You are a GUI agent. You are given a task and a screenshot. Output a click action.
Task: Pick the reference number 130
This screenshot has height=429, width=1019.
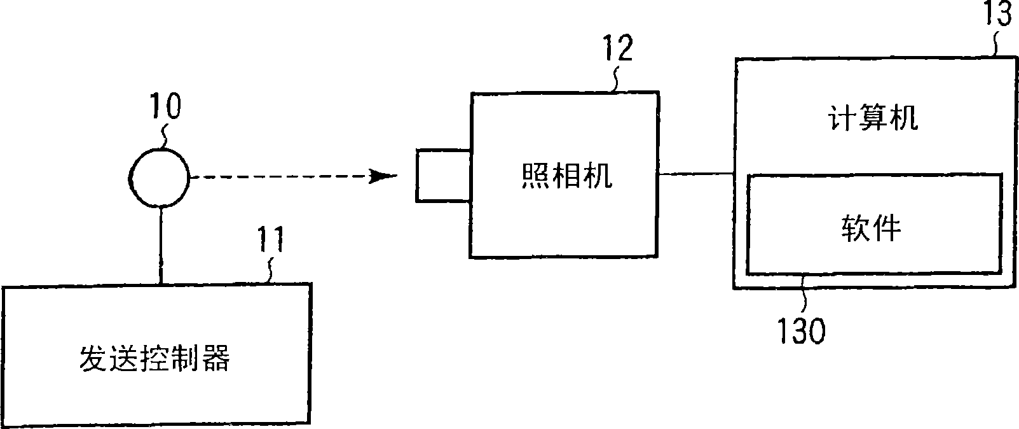click(x=801, y=330)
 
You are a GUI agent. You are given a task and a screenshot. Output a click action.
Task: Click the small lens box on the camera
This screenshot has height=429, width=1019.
click(x=443, y=176)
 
